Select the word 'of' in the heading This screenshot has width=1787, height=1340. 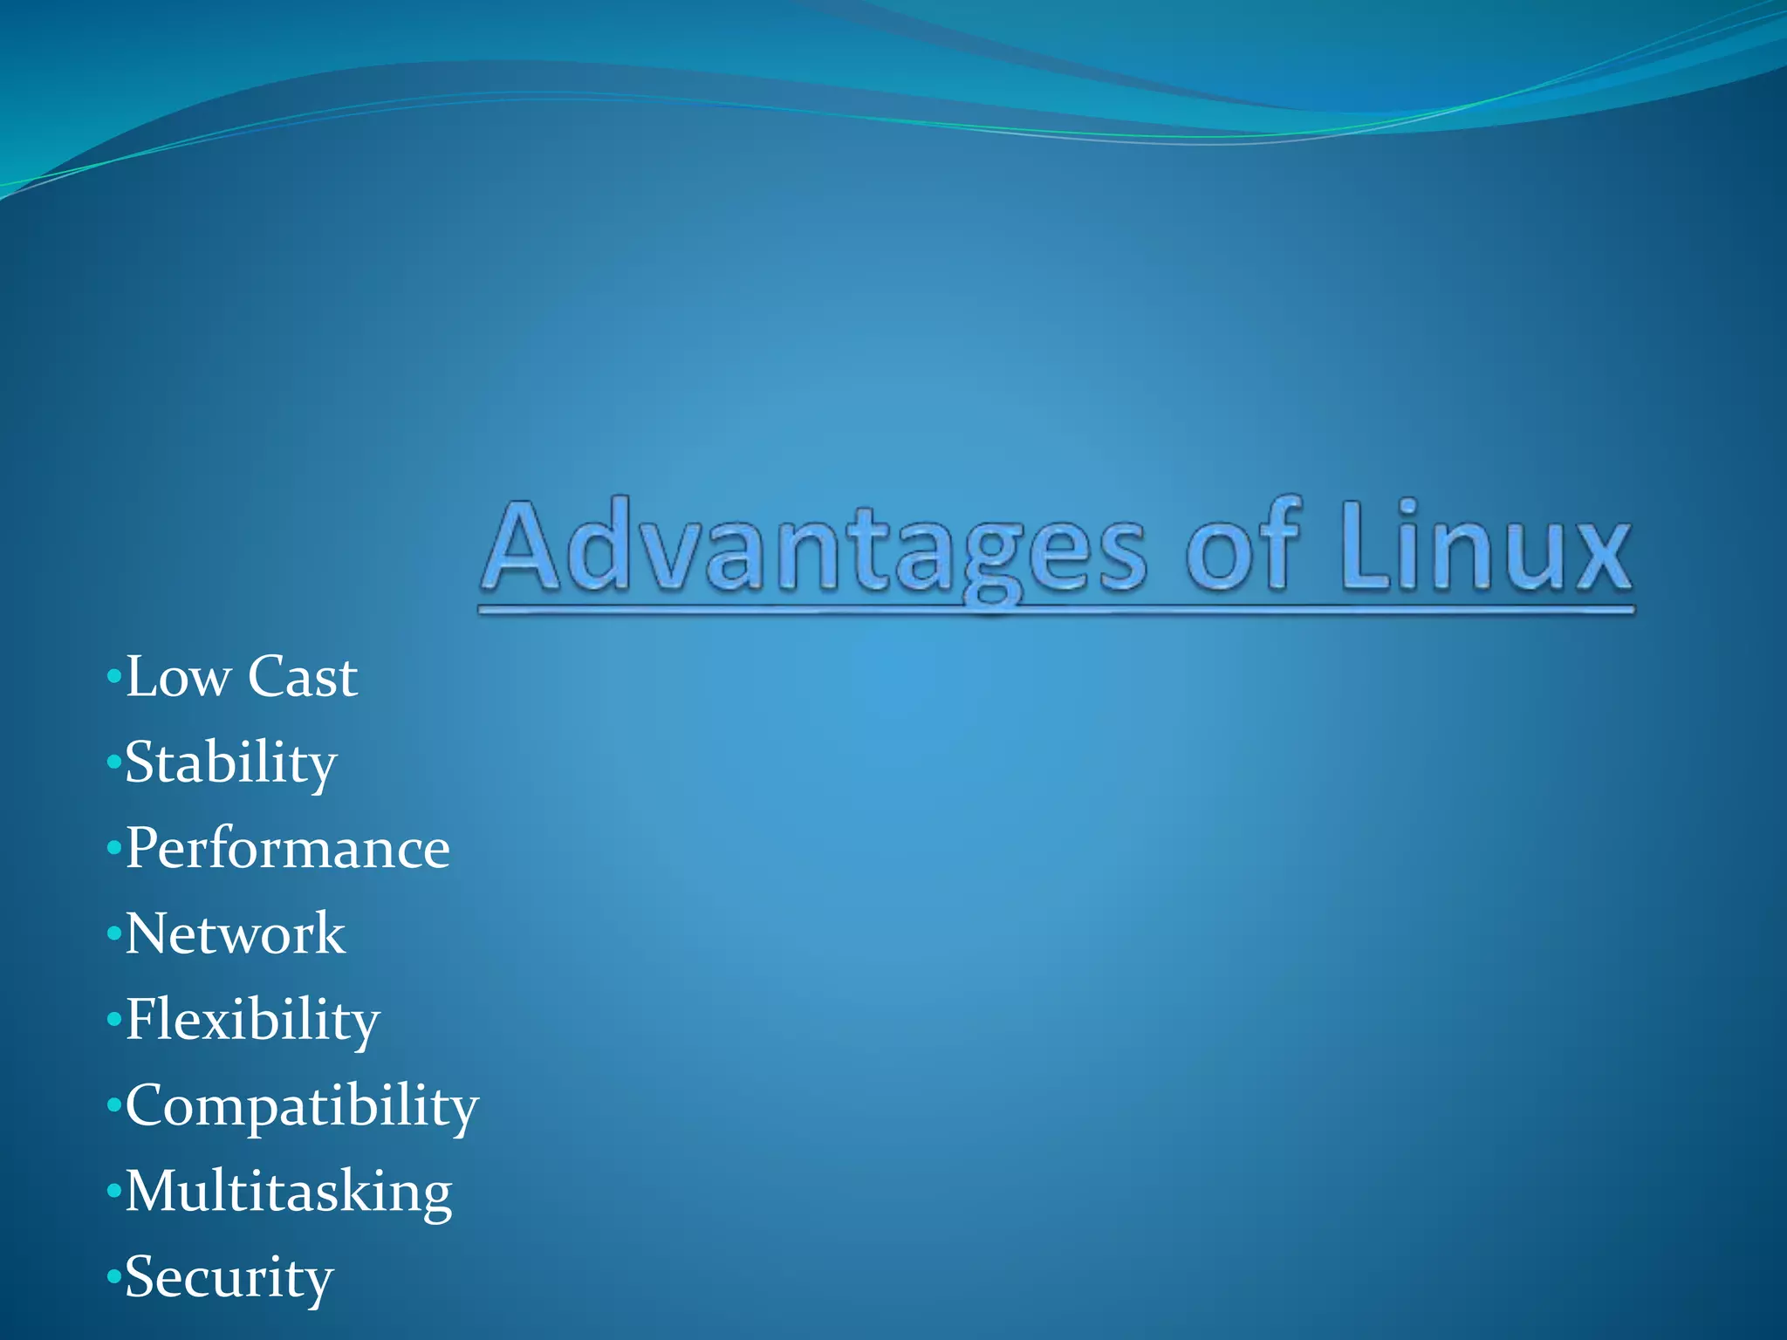[1243, 548]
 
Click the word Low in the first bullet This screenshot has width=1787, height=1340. [178, 677]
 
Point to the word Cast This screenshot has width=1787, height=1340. [302, 677]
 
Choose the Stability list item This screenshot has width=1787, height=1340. [230, 763]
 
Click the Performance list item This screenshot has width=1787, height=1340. [288, 849]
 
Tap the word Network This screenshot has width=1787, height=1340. [236, 934]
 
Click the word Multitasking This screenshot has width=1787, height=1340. [289, 1192]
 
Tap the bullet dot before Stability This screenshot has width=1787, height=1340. [113, 762]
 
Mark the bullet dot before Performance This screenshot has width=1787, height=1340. [113, 848]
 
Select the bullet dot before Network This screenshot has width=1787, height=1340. [113, 934]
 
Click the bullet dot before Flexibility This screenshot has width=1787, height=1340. [113, 1020]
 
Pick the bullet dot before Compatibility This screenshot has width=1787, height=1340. [113, 1106]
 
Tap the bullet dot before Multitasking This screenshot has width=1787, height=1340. [113, 1192]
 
